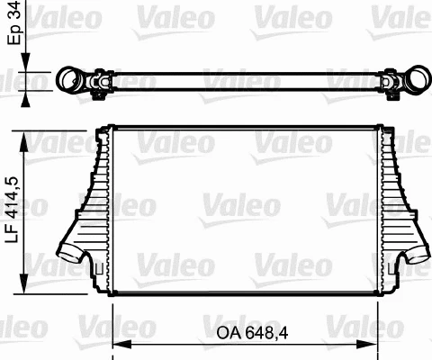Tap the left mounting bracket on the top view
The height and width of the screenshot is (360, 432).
coord(98,85)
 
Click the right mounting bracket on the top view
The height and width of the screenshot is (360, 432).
coord(391,85)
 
